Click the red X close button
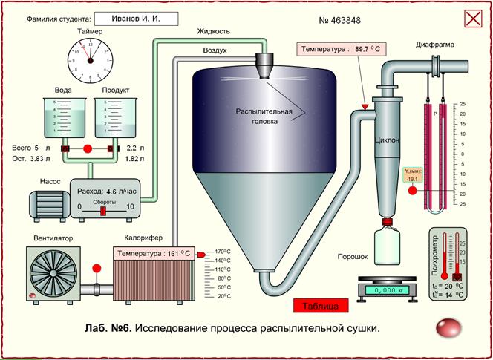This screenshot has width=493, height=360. (473, 19)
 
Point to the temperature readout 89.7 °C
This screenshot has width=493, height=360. (342, 49)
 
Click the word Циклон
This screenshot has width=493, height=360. (388, 140)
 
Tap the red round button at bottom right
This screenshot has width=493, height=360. (448, 327)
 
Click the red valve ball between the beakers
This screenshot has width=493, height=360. (87, 149)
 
